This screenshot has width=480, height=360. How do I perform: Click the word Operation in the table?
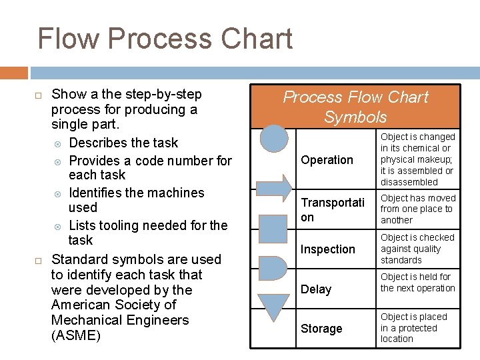click(327, 160)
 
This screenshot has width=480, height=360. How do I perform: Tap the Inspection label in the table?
click(328, 249)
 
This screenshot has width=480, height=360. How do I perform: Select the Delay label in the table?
click(316, 289)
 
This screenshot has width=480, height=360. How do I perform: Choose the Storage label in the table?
click(321, 329)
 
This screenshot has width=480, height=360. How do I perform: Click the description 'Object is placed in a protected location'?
click(413, 328)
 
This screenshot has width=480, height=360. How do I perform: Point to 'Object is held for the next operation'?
click(417, 283)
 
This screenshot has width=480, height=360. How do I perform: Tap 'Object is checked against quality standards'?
click(417, 249)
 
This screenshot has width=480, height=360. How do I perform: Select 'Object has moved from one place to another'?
click(417, 209)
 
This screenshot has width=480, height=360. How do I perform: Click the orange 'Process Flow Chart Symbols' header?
click(355, 107)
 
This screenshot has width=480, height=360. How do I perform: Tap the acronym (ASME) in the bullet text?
click(76, 335)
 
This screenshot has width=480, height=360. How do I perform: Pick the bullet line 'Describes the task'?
click(123, 143)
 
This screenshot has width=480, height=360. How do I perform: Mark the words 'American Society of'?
click(113, 305)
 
